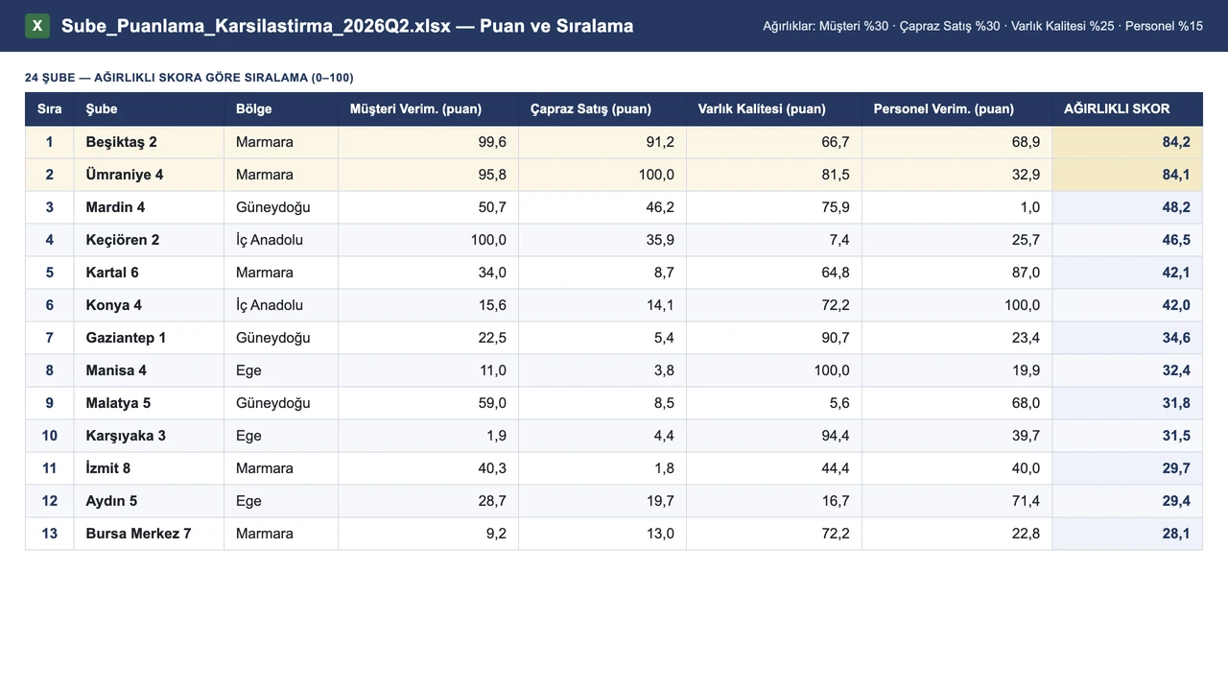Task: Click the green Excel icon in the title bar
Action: (x=37, y=26)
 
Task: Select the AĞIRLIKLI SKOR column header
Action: (x=1117, y=108)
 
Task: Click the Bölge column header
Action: (x=254, y=108)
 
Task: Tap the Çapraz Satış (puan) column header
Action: (x=590, y=109)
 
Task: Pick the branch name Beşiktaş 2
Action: (x=121, y=142)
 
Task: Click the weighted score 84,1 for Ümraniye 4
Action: (x=1176, y=175)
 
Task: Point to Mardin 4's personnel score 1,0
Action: (x=1030, y=207)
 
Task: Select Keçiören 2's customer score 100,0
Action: (x=488, y=240)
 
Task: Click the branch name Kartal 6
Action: (x=112, y=273)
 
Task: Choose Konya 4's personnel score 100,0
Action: (x=1022, y=305)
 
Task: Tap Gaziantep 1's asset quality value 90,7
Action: (x=836, y=338)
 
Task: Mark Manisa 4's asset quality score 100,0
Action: (x=832, y=370)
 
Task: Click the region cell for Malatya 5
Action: (x=273, y=403)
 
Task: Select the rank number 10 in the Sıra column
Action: (x=49, y=436)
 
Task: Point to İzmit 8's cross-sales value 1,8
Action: (x=664, y=468)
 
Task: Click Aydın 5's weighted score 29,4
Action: (x=1176, y=501)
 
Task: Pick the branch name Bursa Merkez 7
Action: (x=138, y=534)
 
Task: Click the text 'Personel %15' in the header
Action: (x=1164, y=26)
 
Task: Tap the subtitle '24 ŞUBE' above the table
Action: (x=50, y=78)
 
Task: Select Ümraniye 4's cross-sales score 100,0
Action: (x=656, y=175)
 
